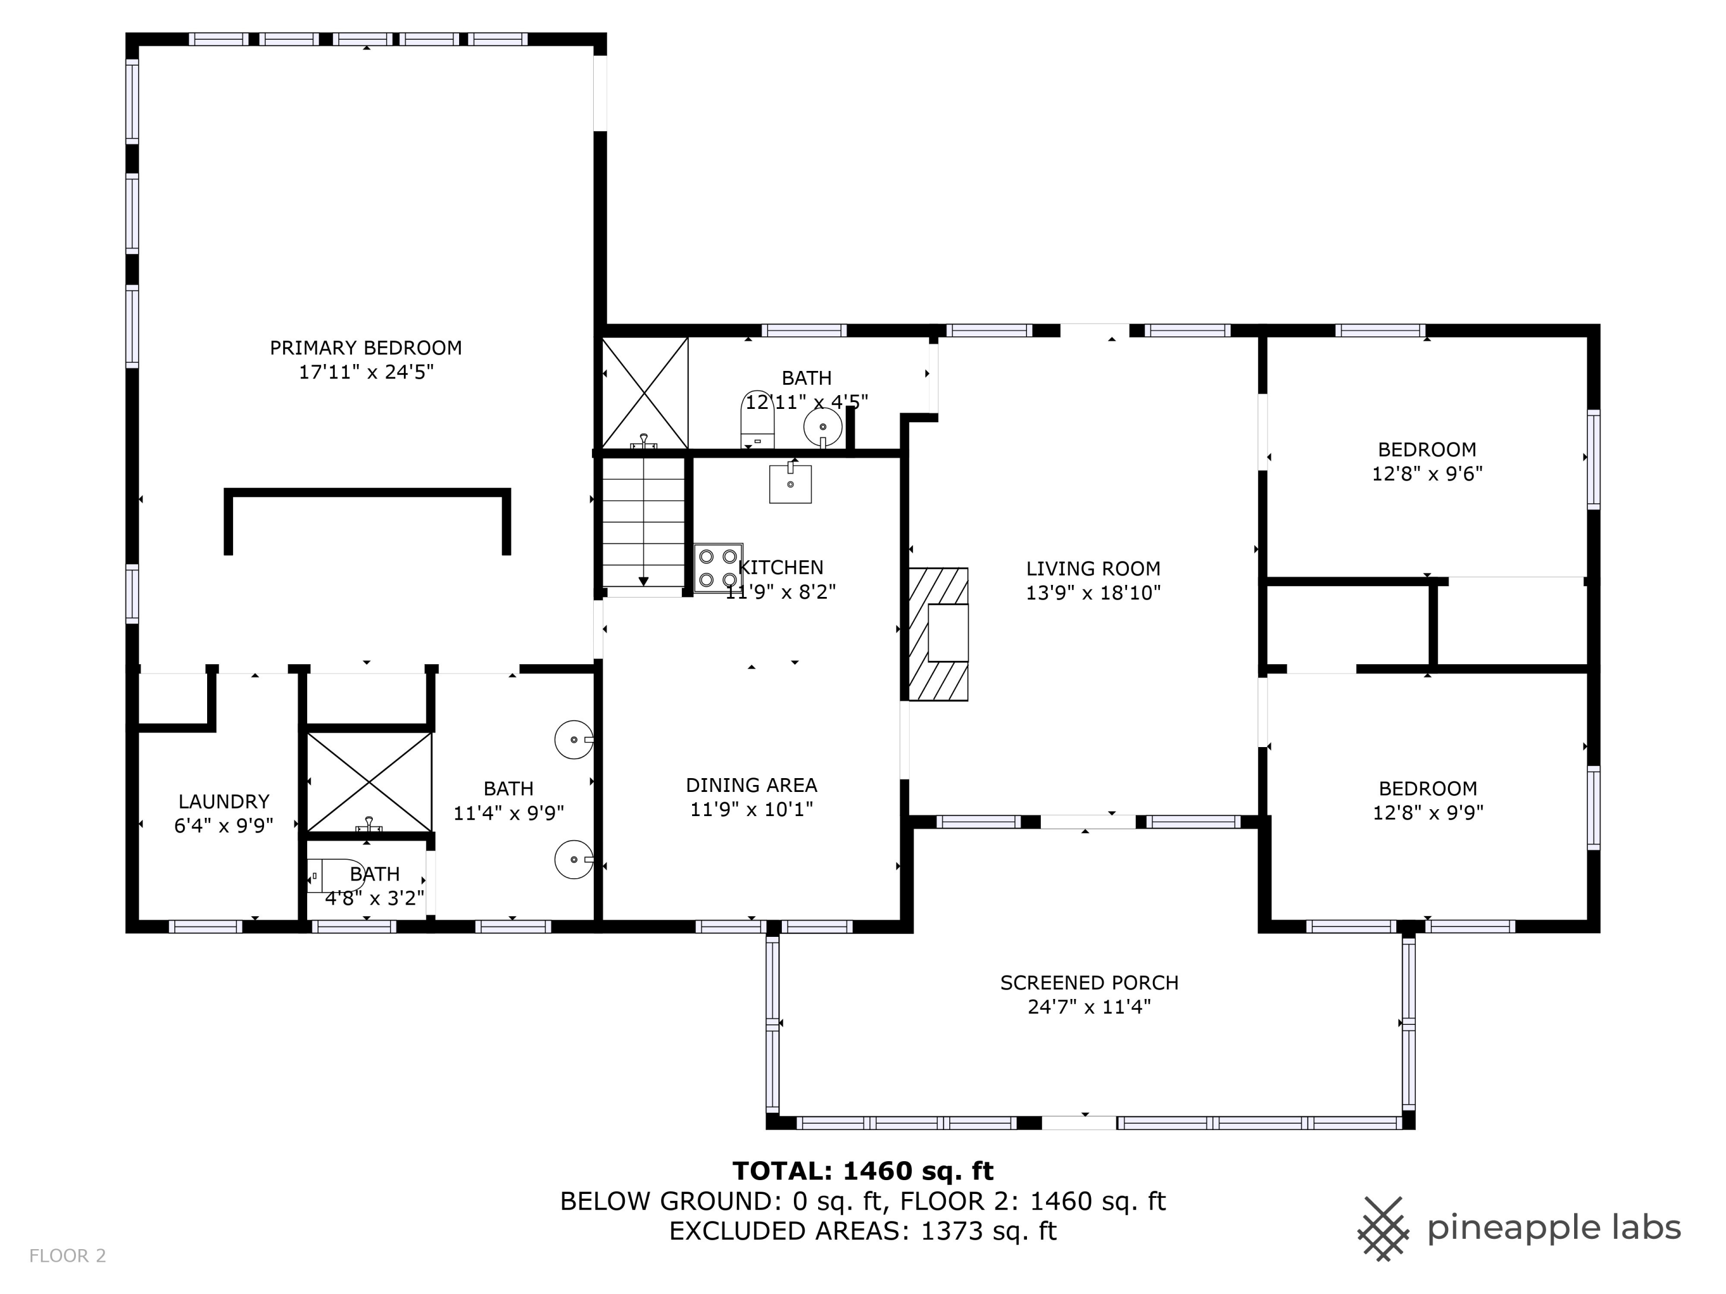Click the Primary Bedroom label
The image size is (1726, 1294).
click(x=365, y=348)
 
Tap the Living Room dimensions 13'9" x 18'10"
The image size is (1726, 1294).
click(x=1093, y=593)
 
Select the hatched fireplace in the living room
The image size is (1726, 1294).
click(x=939, y=634)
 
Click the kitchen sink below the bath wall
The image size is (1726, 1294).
click(x=791, y=484)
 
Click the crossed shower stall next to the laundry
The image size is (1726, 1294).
click(x=369, y=782)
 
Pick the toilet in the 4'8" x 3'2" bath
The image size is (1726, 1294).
click(x=335, y=876)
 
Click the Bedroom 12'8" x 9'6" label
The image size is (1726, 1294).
click(x=1427, y=462)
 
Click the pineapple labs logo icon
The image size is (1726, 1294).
click(x=1384, y=1228)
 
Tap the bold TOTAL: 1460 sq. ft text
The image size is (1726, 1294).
click(x=863, y=1171)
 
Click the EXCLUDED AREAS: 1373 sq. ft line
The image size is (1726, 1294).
click(x=863, y=1231)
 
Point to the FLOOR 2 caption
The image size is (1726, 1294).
click(x=67, y=1256)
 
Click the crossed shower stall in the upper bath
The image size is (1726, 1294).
click(x=644, y=393)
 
